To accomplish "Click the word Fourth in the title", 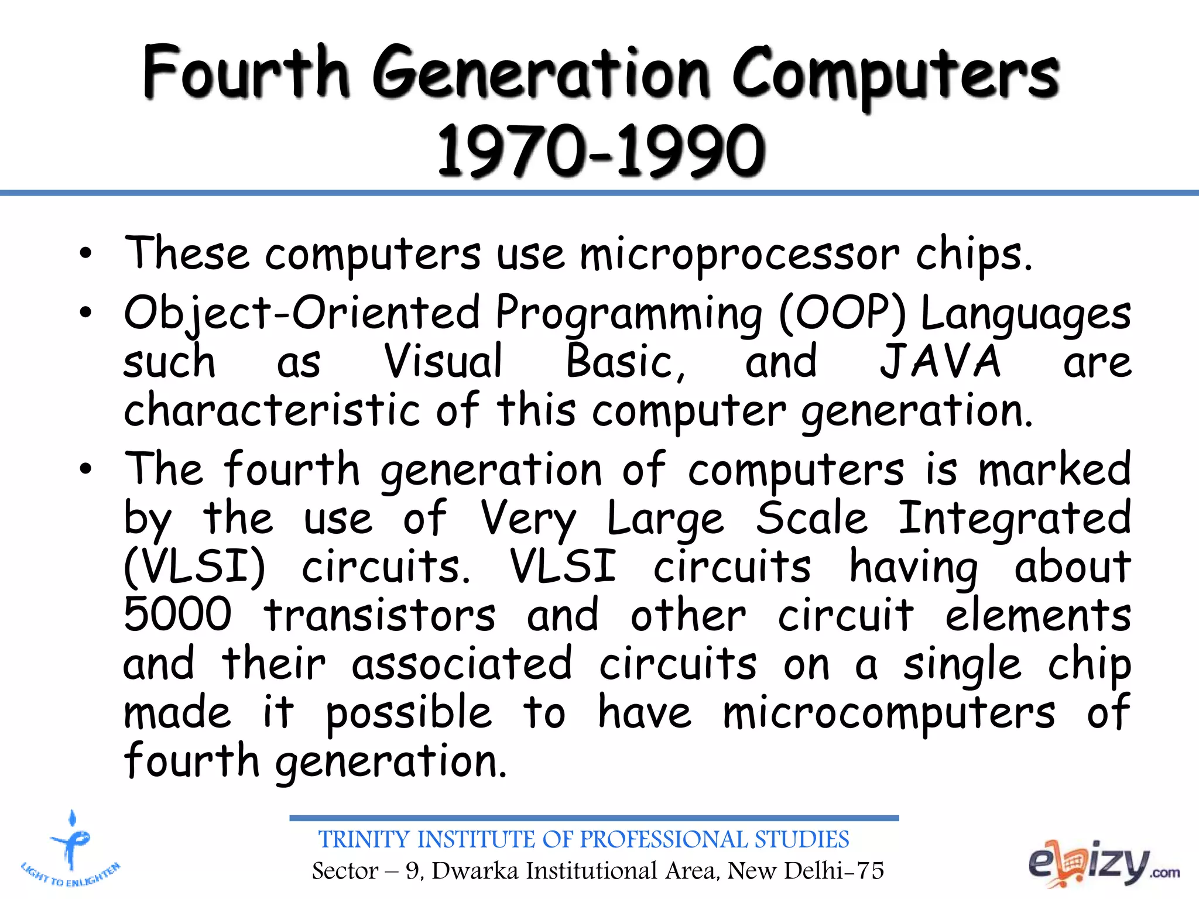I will (246, 73).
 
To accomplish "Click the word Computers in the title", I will (895, 75).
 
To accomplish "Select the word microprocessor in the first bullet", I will (739, 256).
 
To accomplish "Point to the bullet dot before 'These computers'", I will (86, 254).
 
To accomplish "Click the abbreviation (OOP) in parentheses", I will (842, 313).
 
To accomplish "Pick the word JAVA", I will (940, 362).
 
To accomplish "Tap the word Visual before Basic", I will (443, 362).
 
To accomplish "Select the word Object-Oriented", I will (302, 313).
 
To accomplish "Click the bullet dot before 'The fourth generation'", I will (86, 469).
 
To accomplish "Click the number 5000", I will (178, 615).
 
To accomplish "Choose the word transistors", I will (379, 616).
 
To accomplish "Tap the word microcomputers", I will (889, 713).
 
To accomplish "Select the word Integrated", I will (1014, 519).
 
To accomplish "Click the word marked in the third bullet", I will (1054, 469).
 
